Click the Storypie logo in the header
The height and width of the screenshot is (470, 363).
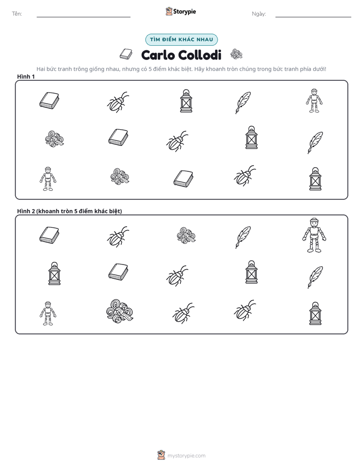(180, 11)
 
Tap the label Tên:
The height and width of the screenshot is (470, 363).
(17, 14)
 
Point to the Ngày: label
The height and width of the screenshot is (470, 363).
(259, 14)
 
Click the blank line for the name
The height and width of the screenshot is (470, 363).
(83, 17)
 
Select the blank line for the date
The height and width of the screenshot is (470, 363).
(313, 17)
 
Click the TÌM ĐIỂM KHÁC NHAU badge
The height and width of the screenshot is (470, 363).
(181, 40)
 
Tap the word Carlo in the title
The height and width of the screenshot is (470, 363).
(158, 55)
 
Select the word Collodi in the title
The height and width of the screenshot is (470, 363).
(200, 55)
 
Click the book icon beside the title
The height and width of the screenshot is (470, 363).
(126, 54)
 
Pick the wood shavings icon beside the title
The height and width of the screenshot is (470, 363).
(236, 54)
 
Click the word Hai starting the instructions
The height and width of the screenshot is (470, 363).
(41, 69)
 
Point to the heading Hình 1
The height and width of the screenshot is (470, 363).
(26, 76)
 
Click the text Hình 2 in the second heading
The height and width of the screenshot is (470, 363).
(26, 211)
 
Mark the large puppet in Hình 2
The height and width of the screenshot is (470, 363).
(314, 236)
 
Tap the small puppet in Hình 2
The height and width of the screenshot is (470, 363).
(48, 313)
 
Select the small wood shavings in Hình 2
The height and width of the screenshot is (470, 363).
(186, 234)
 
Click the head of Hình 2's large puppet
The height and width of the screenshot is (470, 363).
(314, 222)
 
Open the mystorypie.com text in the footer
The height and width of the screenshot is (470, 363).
(186, 456)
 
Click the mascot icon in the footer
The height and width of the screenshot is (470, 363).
(161, 455)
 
